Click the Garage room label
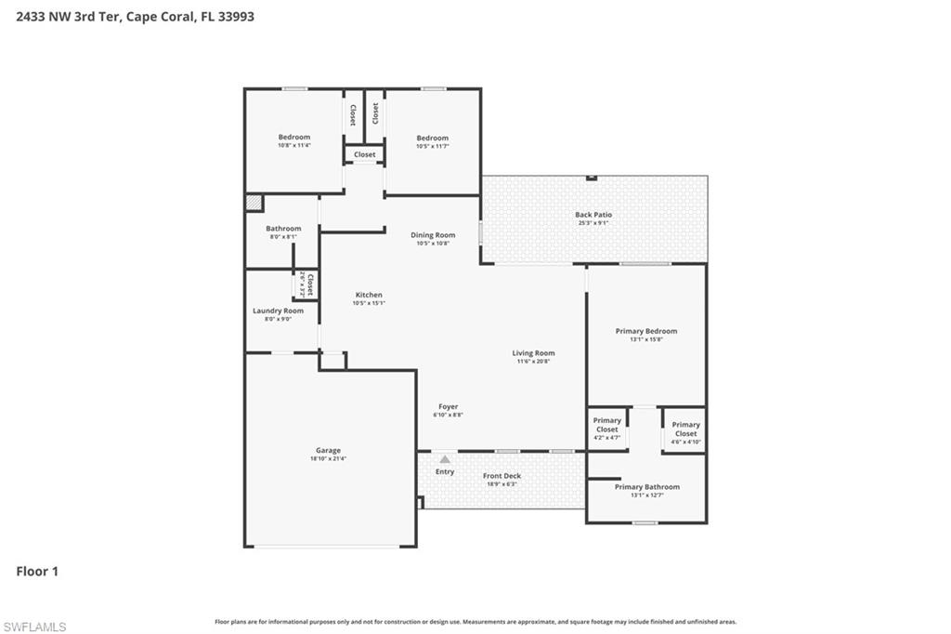(328, 450)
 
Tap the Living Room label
(533, 353)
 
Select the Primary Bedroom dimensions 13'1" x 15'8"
(645, 339)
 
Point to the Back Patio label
(593, 215)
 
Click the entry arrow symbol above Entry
(445, 459)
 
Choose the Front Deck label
(502, 476)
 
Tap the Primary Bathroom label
(646, 487)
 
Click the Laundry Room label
(278, 310)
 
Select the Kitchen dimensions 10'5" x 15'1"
(368, 303)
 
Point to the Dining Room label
(433, 235)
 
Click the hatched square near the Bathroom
(253, 203)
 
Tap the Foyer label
(448, 406)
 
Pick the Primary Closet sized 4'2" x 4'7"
(607, 428)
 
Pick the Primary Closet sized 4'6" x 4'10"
(685, 429)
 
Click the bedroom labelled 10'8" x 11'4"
(293, 140)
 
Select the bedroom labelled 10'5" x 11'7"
(432, 141)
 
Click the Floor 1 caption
(37, 572)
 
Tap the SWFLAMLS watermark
(34, 627)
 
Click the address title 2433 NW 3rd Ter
(136, 16)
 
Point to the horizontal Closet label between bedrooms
(364, 154)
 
